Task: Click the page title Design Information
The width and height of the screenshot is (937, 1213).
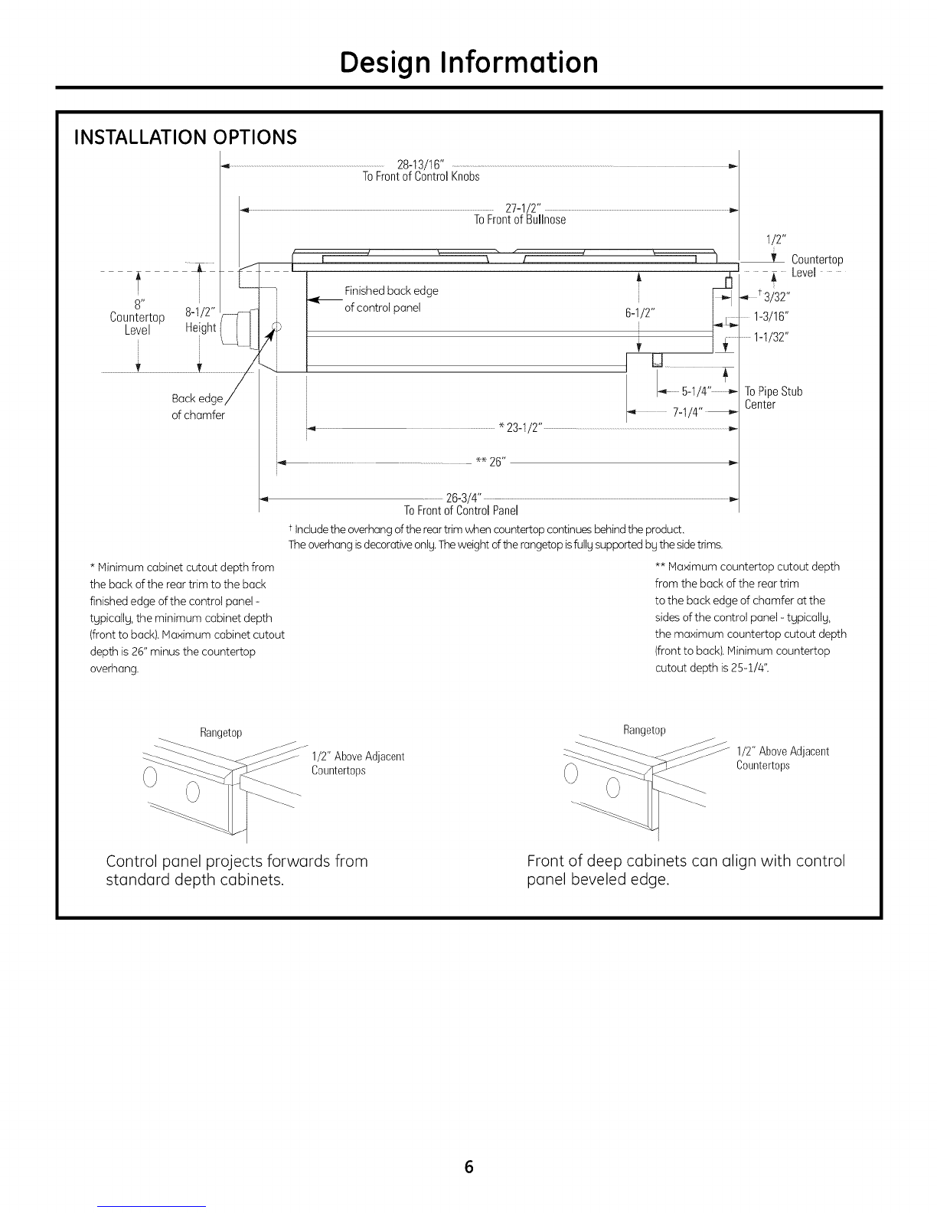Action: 468,63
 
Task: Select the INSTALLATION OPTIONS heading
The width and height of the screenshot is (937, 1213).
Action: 185,137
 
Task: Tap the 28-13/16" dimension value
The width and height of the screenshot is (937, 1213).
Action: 420,164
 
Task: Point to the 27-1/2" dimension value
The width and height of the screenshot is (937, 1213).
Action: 523,208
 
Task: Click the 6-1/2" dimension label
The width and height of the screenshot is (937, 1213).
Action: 639,313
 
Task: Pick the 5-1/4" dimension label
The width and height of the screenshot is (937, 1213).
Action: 696,391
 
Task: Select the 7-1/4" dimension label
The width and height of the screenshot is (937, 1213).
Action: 687,412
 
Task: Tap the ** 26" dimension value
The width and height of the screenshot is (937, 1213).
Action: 491,462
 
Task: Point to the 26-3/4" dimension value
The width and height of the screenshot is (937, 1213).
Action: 463,497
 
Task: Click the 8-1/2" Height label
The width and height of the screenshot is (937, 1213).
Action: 201,320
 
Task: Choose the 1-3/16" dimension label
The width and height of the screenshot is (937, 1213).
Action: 771,316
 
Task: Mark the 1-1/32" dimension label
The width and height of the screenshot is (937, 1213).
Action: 771,337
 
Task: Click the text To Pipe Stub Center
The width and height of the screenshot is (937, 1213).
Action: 773,397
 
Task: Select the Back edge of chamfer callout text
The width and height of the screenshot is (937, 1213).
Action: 198,407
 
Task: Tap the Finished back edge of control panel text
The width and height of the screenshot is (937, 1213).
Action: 391,299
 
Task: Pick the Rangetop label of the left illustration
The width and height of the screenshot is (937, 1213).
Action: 221,732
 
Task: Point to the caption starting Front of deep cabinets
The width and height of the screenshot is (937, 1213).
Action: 686,870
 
